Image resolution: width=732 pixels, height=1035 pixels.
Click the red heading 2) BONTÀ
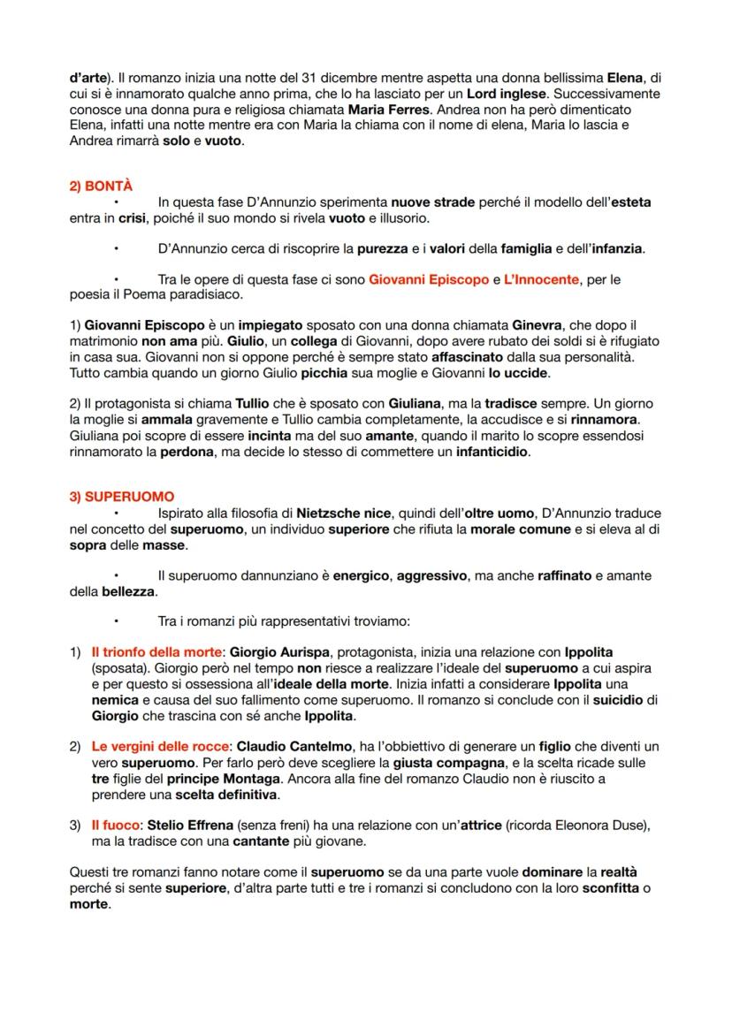101,186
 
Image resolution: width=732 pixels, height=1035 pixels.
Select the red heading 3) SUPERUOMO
122,497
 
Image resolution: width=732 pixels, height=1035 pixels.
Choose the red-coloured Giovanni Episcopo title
429,279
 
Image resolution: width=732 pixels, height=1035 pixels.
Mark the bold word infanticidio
492,451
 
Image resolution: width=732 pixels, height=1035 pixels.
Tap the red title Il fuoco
115,826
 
